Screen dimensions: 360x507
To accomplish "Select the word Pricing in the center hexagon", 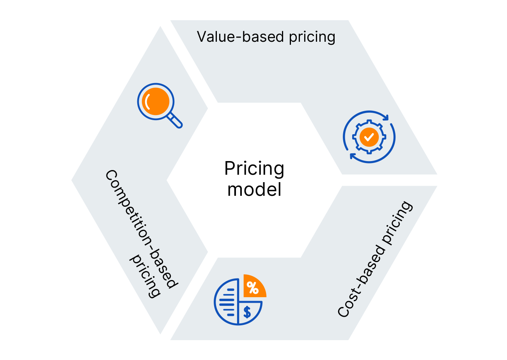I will coord(254,169).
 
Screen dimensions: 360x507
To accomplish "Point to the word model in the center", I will coord(254,190).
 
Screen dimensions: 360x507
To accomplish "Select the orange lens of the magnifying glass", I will coord(155,100).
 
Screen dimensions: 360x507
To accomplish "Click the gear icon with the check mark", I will coord(369,137).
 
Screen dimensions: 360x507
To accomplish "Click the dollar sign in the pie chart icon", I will coord(247,312).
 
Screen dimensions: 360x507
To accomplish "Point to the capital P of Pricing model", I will coord(229,169).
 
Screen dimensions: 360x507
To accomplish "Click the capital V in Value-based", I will coord(202,37).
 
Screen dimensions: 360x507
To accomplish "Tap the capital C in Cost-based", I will coord(344,310).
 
